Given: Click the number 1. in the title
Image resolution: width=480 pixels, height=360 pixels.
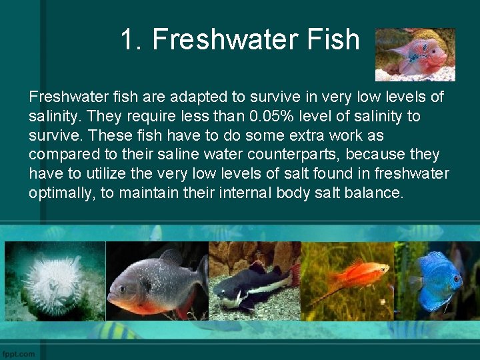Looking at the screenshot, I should (132, 40).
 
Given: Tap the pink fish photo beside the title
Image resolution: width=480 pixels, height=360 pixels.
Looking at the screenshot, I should (415, 54).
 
